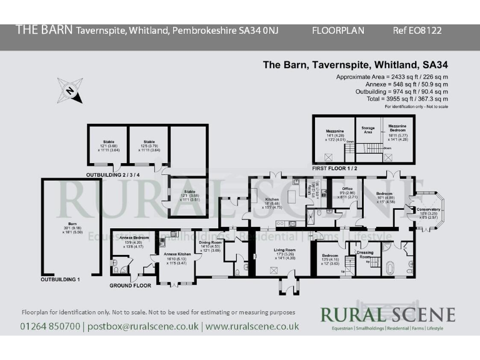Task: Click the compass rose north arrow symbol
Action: pos(69,91)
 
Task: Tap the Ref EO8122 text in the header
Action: pos(417,30)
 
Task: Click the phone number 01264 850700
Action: pos(51,326)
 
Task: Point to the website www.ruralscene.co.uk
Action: pos(252,326)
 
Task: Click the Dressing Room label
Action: pos(364,254)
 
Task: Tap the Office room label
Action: pos(347,189)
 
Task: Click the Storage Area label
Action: pos(368,129)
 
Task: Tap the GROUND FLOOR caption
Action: pos(130,286)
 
